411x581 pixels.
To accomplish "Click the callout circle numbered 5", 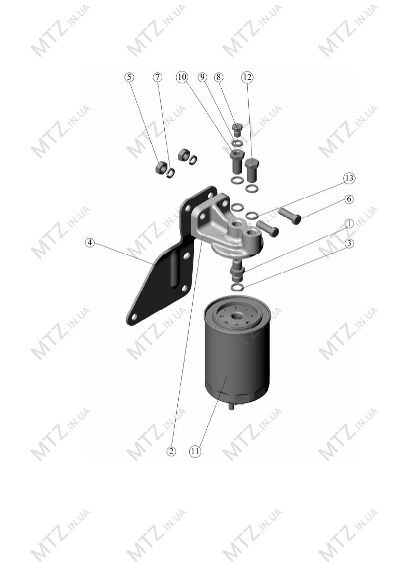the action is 129,77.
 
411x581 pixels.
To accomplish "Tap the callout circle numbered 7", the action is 158,77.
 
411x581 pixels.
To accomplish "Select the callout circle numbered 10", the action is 182,77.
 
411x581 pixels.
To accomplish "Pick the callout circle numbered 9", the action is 202,77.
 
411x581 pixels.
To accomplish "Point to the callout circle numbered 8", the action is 219,77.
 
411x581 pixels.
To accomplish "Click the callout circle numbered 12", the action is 247,77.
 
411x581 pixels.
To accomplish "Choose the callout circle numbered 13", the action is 349,178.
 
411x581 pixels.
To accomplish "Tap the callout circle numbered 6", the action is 349,199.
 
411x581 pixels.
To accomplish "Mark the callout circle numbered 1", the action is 349,224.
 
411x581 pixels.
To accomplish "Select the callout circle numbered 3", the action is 349,243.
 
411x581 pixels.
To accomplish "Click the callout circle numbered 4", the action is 90,243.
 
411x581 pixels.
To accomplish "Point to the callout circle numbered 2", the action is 171,452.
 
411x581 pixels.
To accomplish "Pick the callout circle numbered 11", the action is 195,452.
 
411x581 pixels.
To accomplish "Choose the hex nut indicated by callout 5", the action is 161,168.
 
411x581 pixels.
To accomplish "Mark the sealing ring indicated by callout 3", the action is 237,287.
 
